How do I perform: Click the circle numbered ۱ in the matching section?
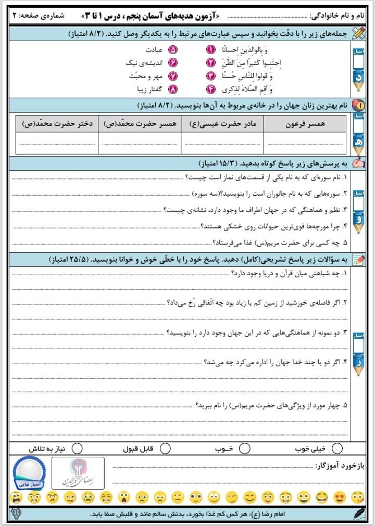click(211, 50)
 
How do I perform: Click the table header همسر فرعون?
click(305, 125)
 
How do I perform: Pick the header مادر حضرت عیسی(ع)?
click(222, 125)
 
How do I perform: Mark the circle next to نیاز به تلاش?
click(77, 448)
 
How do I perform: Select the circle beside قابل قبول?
click(165, 448)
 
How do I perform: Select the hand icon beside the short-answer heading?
click(359, 163)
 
